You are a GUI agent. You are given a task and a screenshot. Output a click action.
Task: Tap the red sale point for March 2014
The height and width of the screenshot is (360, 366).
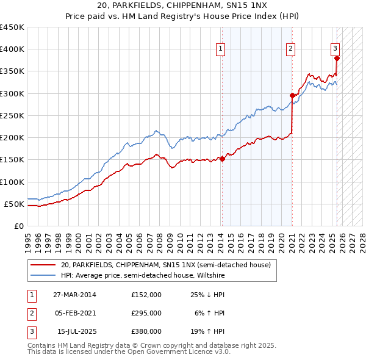coord(222,159)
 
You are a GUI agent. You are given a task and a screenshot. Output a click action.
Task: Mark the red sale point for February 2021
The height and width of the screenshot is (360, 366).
coord(292,95)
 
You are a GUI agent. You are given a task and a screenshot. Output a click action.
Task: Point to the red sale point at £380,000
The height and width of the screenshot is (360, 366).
coord(337,58)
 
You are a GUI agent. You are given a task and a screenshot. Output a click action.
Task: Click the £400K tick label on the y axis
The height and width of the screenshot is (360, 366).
coord(12,49)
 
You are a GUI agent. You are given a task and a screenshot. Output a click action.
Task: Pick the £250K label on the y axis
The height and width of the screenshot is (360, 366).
coord(12,115)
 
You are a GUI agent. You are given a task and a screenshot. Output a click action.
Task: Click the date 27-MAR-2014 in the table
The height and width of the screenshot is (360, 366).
coord(74,295)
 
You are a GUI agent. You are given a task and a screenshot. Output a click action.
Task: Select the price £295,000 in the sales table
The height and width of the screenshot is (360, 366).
coord(146,313)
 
